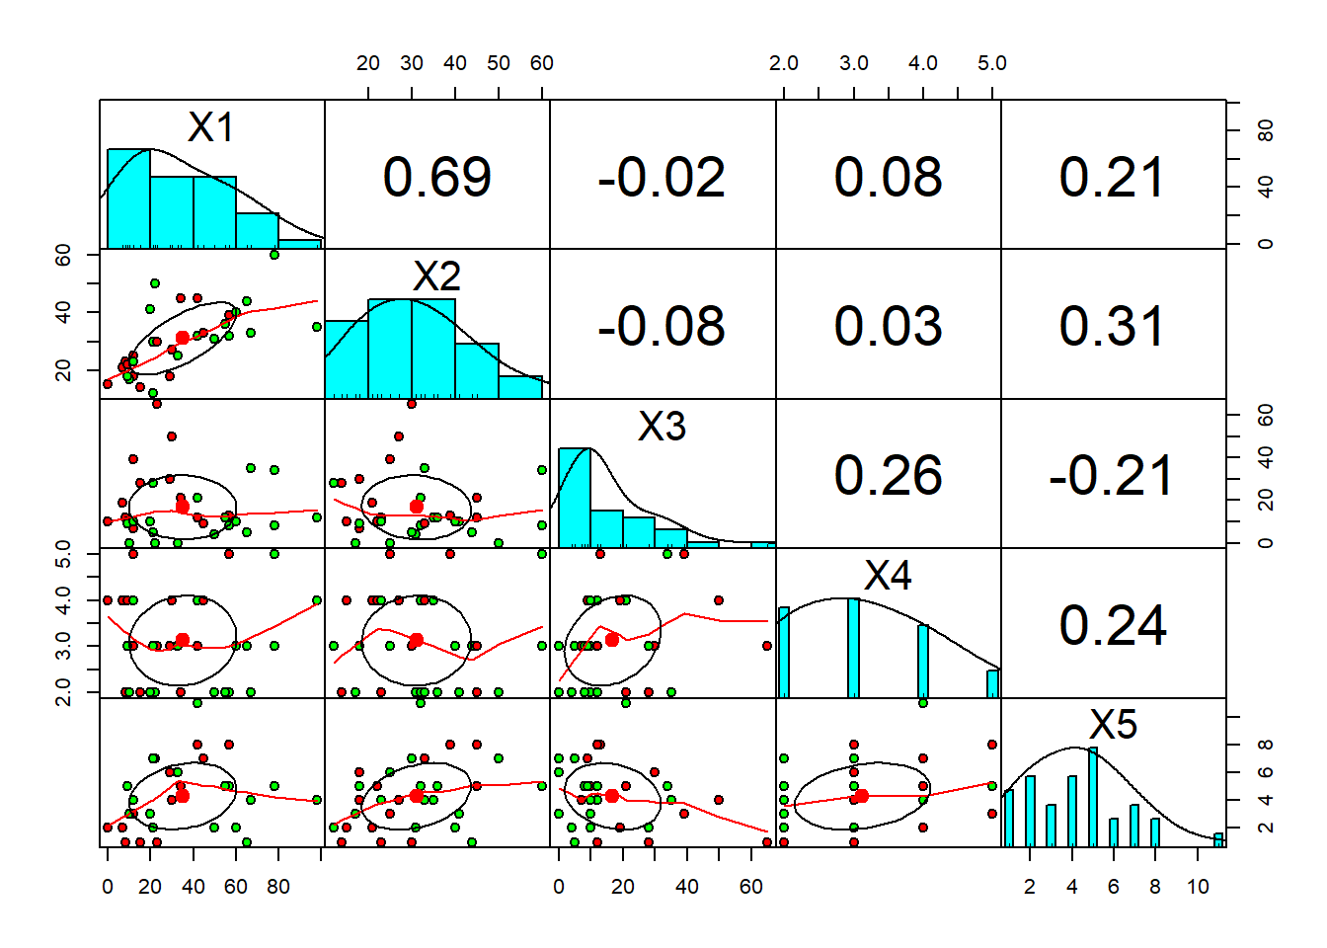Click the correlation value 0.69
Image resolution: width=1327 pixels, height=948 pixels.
point(436,178)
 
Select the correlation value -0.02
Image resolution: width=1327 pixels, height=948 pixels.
point(662,178)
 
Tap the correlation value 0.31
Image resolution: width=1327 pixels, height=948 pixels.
point(1113,327)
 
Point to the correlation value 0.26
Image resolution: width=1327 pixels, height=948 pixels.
point(888,476)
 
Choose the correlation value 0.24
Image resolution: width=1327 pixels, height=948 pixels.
point(1113,626)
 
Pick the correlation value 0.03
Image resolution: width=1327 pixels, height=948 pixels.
point(888,327)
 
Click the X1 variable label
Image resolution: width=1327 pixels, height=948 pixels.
point(211,127)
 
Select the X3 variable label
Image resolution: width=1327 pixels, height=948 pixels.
point(662,427)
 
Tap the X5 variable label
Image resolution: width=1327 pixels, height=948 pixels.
point(1113,725)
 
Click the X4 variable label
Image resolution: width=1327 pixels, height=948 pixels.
point(888,576)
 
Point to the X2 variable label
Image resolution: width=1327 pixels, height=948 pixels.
point(436,276)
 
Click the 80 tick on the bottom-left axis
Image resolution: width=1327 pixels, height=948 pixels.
point(278,887)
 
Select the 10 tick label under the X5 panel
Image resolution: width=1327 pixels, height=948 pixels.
point(1198,887)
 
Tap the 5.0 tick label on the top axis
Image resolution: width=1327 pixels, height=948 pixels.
point(992,63)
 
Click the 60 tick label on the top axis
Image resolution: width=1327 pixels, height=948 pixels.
point(542,63)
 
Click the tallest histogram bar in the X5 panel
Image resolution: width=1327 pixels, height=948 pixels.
point(1093,797)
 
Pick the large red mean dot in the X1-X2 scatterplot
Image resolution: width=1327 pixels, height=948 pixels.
point(183,338)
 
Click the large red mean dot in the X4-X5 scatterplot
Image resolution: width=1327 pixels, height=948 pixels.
point(861,796)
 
